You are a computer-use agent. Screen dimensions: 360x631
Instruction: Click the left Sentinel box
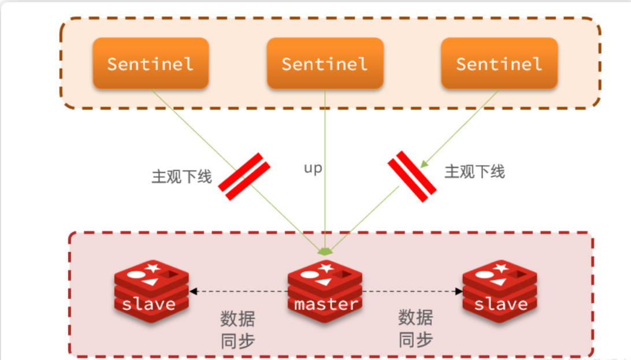150,64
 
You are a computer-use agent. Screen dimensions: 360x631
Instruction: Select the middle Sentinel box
325,64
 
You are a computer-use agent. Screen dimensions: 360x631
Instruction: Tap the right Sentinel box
499,64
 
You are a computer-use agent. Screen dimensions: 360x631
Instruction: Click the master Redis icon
325,289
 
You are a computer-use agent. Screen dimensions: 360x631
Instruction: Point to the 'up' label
313,169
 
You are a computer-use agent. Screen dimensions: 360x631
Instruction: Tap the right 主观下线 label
474,171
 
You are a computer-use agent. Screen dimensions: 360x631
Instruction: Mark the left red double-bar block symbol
243,177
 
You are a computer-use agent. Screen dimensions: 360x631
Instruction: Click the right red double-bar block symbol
412,177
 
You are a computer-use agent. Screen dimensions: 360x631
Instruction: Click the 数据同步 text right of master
415,328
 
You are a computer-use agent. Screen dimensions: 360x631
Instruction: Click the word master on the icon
325,304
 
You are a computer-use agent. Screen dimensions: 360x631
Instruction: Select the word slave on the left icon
149,304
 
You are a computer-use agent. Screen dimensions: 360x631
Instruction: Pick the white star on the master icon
326,268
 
